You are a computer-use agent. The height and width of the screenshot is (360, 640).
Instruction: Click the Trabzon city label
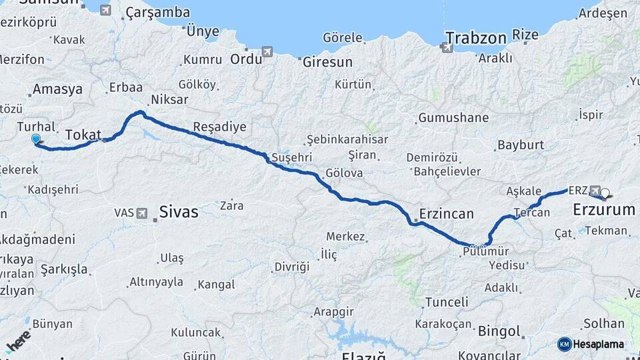click(x=476, y=37)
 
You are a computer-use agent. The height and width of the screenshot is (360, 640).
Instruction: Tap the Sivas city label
click(x=179, y=212)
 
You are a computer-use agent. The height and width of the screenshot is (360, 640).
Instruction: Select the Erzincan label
click(x=446, y=214)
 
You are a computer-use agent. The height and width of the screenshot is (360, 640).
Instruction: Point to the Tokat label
click(x=83, y=135)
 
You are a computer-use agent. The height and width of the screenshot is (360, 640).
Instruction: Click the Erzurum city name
click(x=604, y=210)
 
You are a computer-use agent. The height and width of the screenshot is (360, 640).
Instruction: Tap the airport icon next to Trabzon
click(x=446, y=47)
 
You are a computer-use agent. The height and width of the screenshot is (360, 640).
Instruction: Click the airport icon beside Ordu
click(x=267, y=51)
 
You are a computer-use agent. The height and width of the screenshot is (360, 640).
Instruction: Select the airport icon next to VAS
click(x=142, y=213)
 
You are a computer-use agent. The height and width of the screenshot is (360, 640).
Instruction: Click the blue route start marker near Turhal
click(x=36, y=139)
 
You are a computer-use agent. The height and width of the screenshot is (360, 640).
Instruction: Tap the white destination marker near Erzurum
click(x=605, y=194)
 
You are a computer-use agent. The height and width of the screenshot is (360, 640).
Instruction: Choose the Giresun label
click(x=327, y=62)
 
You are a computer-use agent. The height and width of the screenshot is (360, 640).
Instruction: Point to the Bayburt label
click(x=521, y=145)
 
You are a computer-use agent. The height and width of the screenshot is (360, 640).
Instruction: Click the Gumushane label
click(x=453, y=118)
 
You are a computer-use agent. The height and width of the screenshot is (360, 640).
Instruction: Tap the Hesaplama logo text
click(x=598, y=344)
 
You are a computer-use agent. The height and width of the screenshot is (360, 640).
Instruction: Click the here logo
click(x=19, y=341)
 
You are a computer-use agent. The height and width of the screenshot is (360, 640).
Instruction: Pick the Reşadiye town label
click(x=219, y=127)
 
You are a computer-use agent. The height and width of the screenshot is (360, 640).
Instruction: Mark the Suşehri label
click(x=291, y=158)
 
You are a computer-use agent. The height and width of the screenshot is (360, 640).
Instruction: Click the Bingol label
click(x=499, y=331)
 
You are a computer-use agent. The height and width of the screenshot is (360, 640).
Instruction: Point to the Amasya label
click(x=57, y=89)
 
